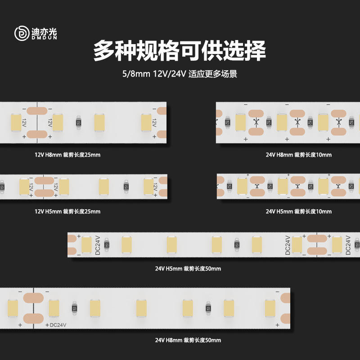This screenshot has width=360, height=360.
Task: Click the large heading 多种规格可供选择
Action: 180,51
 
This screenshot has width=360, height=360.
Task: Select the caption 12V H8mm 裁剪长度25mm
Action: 67,155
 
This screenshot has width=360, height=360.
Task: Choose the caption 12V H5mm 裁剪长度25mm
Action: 67,211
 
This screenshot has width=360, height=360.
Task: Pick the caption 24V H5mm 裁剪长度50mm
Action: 188,269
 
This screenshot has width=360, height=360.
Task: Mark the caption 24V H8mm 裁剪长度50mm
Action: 188,340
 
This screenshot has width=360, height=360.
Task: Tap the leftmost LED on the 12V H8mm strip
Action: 16,122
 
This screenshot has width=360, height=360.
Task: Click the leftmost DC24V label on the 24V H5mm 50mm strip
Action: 98,244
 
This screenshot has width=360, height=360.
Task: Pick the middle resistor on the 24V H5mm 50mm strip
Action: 237,244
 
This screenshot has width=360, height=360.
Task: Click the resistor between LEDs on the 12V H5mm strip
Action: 126,185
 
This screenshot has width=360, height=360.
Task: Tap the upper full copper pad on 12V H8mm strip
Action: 36,110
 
